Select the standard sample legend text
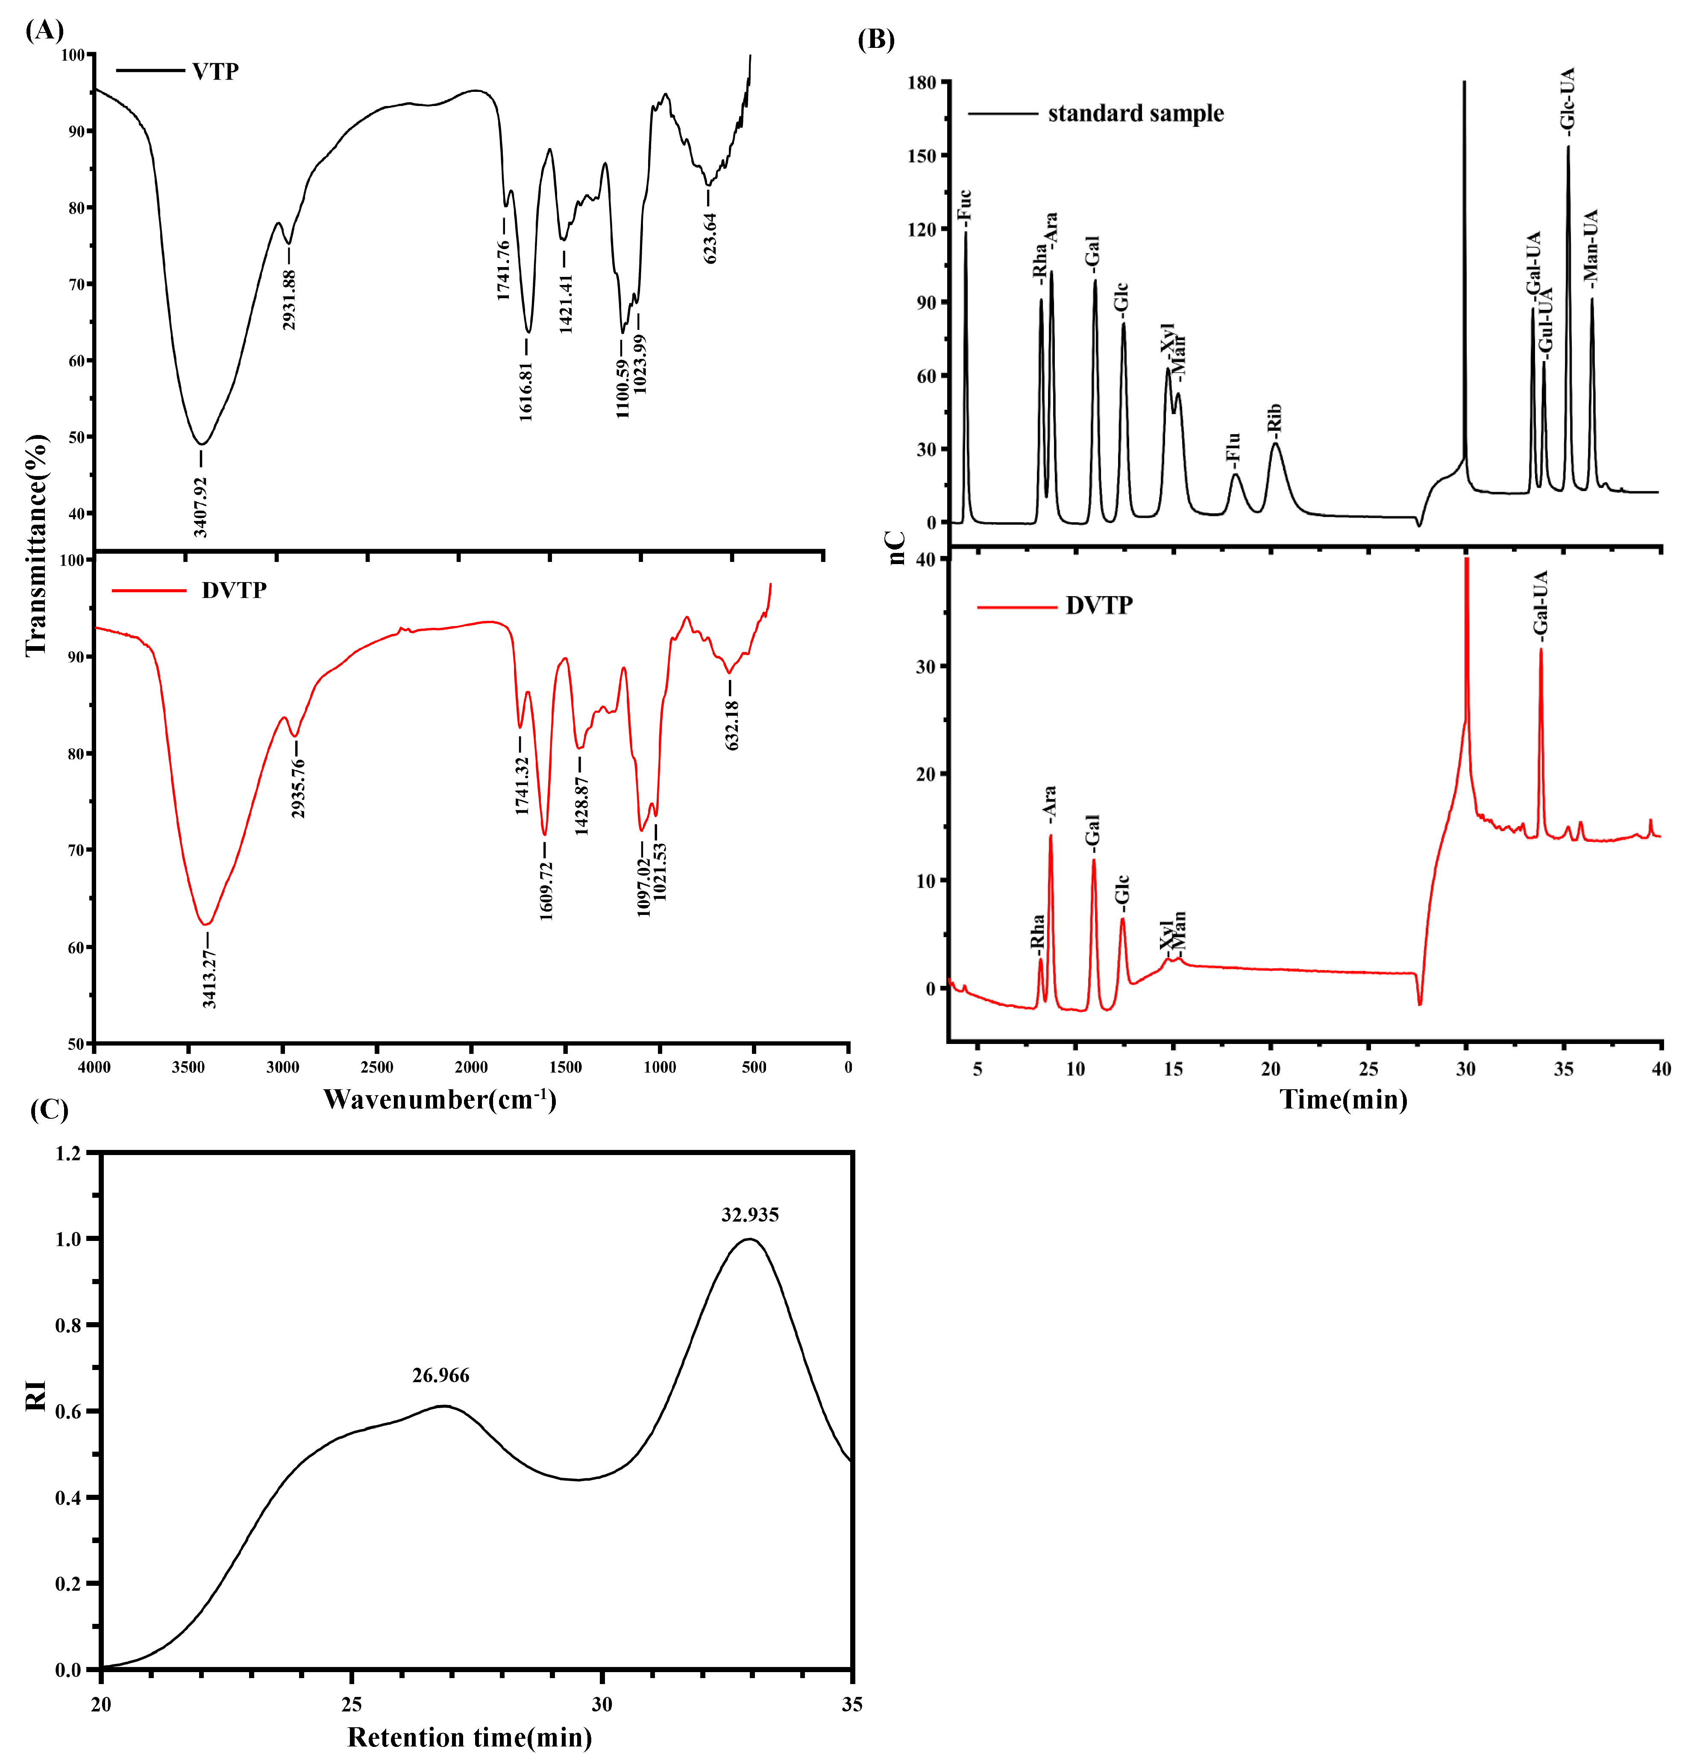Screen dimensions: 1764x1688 [x=1136, y=113]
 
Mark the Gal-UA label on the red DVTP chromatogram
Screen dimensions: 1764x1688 [x=1541, y=603]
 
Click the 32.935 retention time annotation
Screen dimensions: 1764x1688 [x=750, y=1215]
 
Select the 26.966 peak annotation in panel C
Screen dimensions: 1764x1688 [x=441, y=1375]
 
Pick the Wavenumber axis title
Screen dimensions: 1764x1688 [x=440, y=1100]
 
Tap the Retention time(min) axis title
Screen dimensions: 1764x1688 [x=470, y=1737]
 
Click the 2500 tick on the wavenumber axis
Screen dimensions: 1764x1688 [x=377, y=1067]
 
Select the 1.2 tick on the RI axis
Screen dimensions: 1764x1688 [x=68, y=1153]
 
